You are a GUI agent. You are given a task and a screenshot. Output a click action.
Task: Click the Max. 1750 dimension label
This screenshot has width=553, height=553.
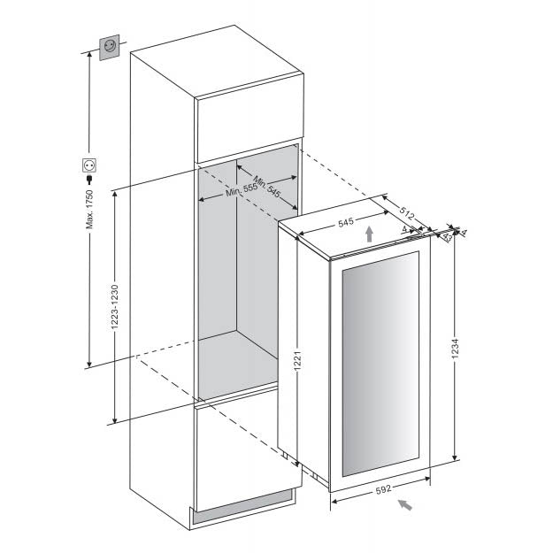[90, 210]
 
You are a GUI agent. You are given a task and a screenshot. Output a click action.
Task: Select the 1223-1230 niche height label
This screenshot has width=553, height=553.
[115, 307]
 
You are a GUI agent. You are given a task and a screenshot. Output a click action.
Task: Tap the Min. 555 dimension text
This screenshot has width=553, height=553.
[242, 190]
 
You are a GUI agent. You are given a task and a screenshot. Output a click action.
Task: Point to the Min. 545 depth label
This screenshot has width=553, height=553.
[266, 187]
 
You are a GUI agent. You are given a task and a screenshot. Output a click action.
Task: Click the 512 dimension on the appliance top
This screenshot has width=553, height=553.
[407, 213]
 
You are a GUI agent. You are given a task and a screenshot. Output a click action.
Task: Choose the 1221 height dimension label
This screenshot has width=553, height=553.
[297, 361]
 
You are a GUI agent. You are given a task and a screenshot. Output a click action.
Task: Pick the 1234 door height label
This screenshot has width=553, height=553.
[455, 349]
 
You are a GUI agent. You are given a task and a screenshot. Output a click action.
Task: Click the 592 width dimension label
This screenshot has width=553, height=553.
[383, 489]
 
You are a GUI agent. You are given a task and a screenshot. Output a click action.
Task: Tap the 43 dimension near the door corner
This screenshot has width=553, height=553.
[447, 236]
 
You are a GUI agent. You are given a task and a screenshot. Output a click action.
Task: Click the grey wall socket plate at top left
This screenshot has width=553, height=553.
[110, 47]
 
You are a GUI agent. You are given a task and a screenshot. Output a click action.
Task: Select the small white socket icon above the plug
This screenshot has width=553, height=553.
[89, 165]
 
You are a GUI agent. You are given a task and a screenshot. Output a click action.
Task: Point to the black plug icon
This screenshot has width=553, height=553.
[89, 180]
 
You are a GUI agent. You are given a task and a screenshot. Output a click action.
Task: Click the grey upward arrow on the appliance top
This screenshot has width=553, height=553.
[369, 234]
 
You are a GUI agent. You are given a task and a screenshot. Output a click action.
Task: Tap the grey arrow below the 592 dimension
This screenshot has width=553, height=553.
[405, 505]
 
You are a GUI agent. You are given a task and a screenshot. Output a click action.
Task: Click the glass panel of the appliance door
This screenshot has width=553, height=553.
[380, 364]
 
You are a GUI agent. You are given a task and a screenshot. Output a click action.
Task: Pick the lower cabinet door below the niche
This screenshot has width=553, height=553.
[248, 448]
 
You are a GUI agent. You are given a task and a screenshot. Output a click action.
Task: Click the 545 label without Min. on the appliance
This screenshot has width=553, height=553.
[346, 223]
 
